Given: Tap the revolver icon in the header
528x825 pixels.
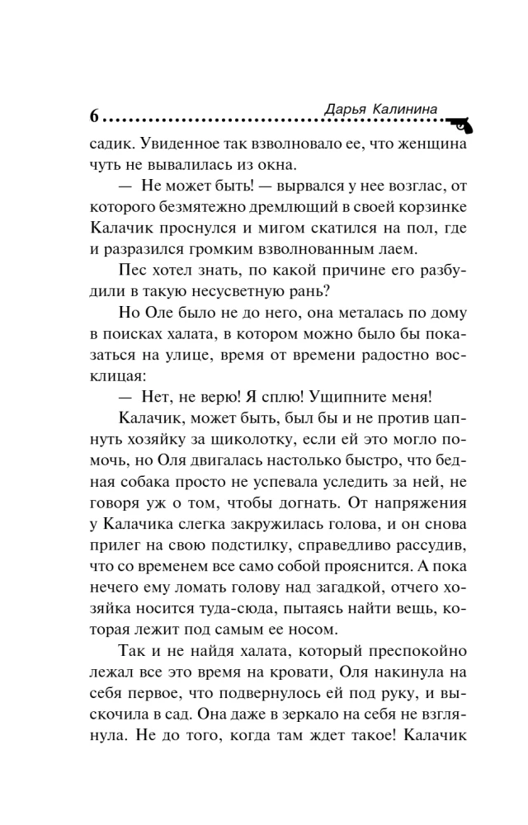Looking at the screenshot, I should (x=460, y=124).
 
